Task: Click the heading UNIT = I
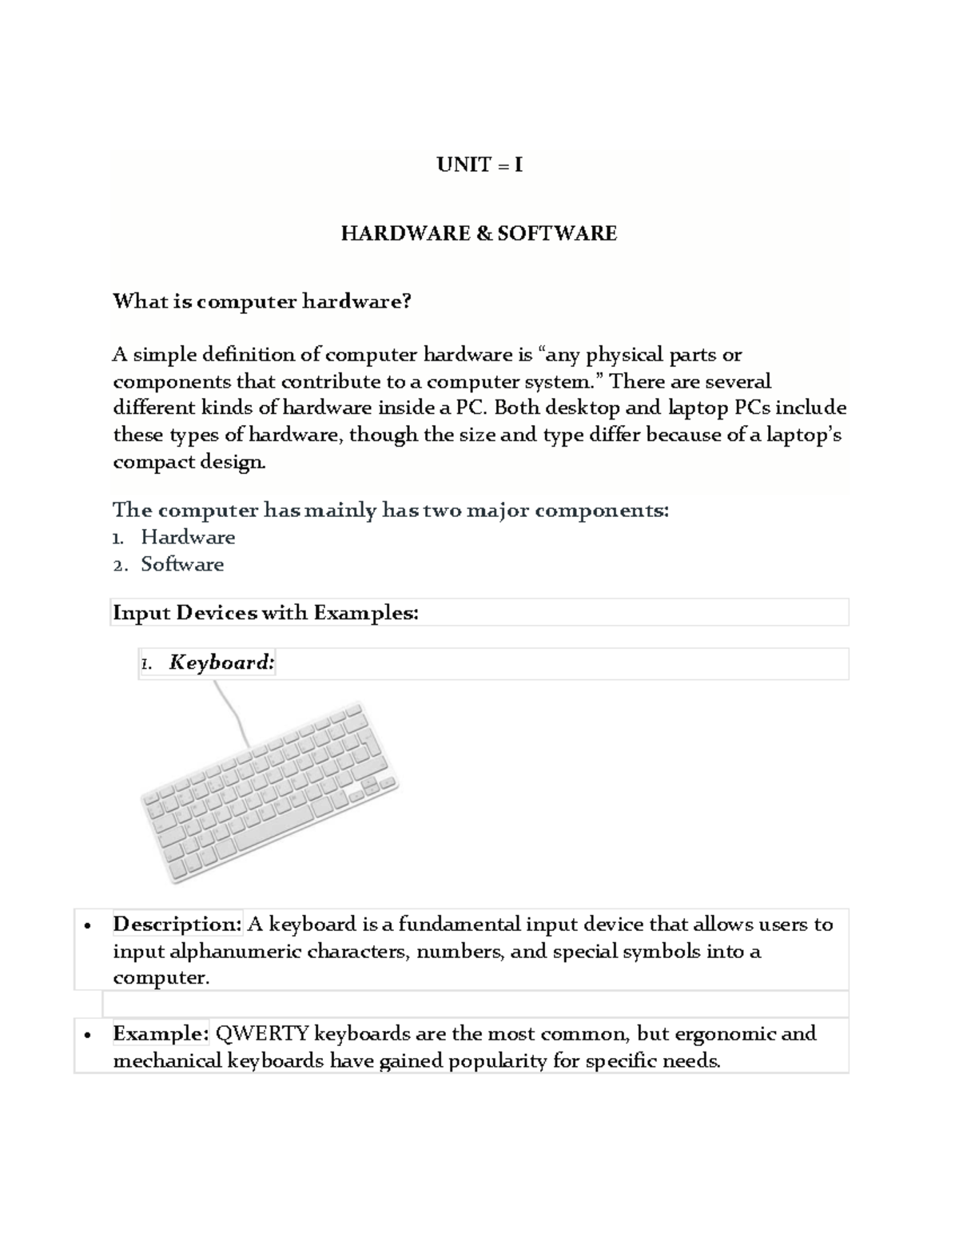tap(479, 165)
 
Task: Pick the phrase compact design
tap(188, 462)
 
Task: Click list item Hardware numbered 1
tap(188, 537)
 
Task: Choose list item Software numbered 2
tap(182, 564)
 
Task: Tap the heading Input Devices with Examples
tap(265, 613)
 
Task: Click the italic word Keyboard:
tap(221, 662)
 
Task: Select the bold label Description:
tap(177, 925)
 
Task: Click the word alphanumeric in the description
tap(236, 952)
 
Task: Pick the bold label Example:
tap(161, 1034)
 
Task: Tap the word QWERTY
tap(262, 1034)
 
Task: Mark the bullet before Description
tap(87, 926)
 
